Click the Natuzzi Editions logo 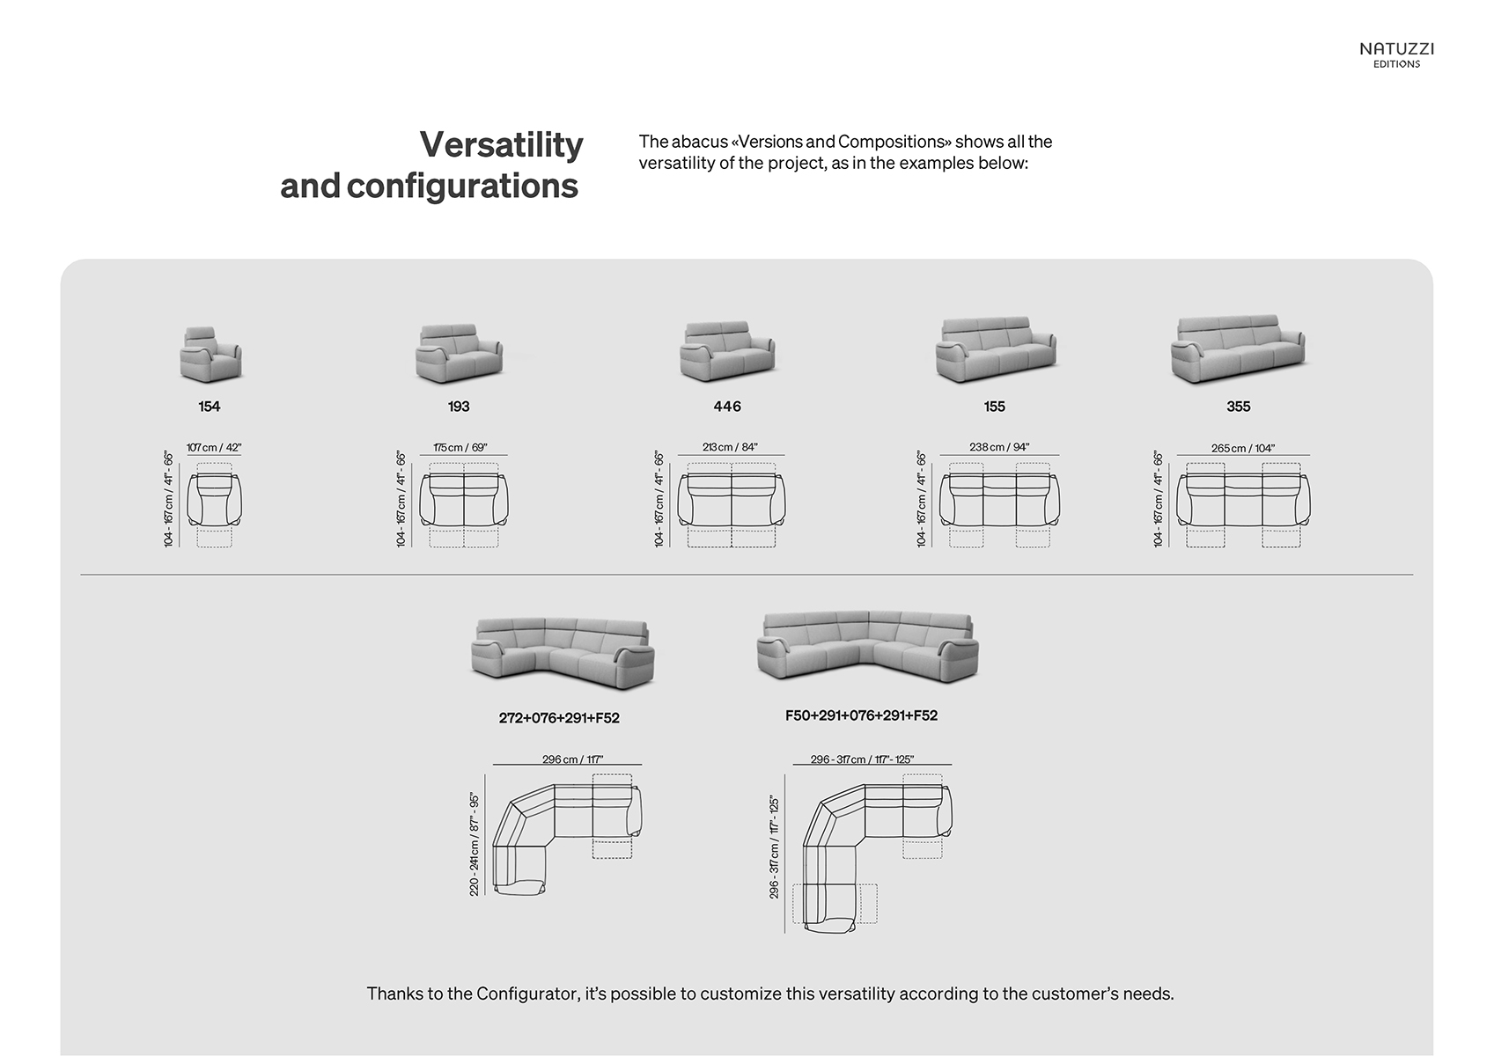1396,55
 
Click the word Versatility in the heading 502,144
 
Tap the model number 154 210,406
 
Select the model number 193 459,406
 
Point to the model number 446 728,406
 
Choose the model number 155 995,406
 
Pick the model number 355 1239,406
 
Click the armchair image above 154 210,355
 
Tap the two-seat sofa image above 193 459,354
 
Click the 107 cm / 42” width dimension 214,447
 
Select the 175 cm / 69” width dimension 460,447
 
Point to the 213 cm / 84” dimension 731,447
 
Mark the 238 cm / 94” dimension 999,447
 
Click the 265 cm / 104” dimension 1242,448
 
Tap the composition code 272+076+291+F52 559,718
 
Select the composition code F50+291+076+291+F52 861,715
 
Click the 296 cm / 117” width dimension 572,759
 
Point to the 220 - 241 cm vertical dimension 475,845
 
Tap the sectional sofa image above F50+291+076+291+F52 868,647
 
